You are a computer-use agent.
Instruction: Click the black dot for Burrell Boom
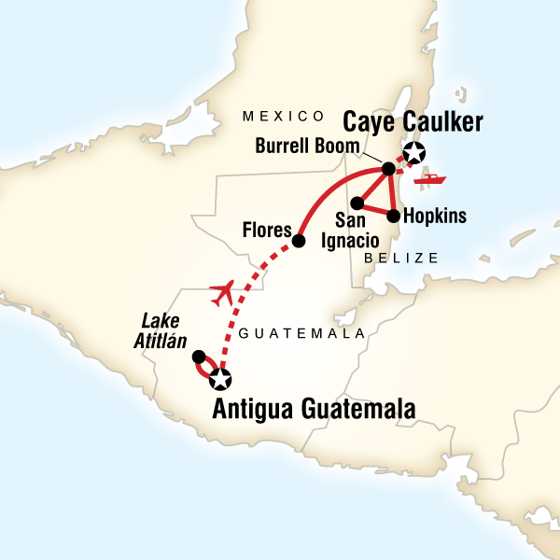pos(386,170)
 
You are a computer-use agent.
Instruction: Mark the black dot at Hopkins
pos(393,216)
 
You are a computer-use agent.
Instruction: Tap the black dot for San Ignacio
pos(356,202)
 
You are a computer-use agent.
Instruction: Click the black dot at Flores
pos(299,241)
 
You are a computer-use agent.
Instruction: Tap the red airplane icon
pos(222,293)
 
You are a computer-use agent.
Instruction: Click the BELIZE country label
pos(401,255)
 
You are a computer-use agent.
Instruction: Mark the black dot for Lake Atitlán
pos(198,357)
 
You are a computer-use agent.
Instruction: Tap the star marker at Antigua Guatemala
pos(220,379)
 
